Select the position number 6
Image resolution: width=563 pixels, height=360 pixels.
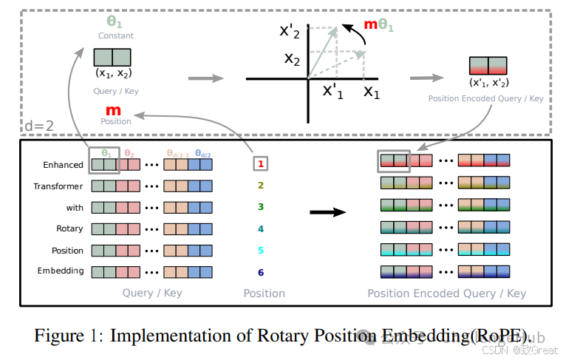coord(260,272)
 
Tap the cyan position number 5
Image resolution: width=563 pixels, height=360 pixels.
coord(260,251)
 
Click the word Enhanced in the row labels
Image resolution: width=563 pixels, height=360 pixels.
coord(64,165)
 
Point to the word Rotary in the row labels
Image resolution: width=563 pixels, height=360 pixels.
coord(69,229)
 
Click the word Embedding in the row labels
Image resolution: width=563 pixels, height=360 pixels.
coord(61,271)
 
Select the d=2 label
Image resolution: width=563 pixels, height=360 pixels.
coord(40,126)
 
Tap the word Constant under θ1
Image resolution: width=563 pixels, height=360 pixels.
coord(116,35)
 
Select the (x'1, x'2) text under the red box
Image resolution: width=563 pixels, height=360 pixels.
coord(488,83)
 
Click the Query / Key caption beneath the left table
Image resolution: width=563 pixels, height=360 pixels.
coord(152,293)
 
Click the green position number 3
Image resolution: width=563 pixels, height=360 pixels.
coord(260,208)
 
